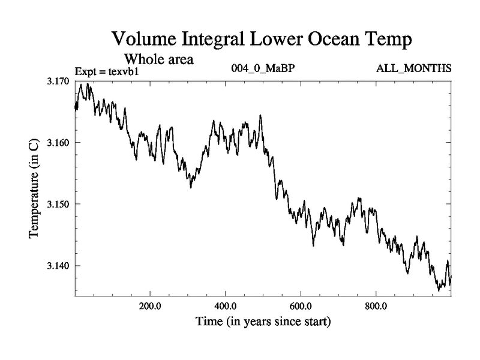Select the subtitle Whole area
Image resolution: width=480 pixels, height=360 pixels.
(158, 59)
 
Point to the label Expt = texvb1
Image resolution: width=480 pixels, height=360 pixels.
(107, 71)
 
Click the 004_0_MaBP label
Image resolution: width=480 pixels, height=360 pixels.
(263, 68)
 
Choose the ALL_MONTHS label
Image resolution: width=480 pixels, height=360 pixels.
(413, 68)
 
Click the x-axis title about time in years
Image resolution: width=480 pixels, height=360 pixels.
(263, 322)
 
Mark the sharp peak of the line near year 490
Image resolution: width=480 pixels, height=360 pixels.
(260, 115)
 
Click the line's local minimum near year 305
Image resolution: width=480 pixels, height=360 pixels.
(191, 187)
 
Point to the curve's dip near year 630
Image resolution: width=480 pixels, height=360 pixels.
(313, 245)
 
